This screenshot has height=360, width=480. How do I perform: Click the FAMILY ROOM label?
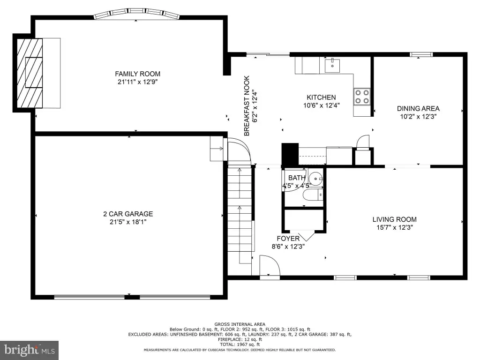[x=137, y=74]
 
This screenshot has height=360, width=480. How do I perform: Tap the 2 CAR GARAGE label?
[x=128, y=214]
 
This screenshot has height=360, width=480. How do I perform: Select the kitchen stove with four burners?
[x=362, y=96]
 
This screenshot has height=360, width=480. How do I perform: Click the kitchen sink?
[x=332, y=65]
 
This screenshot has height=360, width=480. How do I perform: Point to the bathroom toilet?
[x=313, y=195]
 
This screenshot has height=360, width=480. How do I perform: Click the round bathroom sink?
[x=315, y=179]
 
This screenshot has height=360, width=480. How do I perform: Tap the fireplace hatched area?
[x=30, y=73]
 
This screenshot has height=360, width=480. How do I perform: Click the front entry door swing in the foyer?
[x=270, y=266]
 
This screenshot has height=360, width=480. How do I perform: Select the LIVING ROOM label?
[x=394, y=219]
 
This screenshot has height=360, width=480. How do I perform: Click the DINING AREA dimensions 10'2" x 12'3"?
[x=418, y=116]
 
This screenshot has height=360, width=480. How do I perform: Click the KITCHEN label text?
[x=321, y=97]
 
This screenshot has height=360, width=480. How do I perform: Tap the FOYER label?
[x=288, y=239]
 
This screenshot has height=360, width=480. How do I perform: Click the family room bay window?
[x=136, y=14]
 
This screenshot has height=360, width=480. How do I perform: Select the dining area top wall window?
[x=421, y=54]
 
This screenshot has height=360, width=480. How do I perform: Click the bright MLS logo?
[x=30, y=350]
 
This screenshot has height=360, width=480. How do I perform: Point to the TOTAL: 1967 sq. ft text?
[x=240, y=345]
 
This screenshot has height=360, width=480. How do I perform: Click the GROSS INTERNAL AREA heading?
[x=240, y=324]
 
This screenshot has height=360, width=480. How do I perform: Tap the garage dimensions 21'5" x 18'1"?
[x=128, y=222]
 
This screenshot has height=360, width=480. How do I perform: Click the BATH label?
[x=297, y=178]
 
